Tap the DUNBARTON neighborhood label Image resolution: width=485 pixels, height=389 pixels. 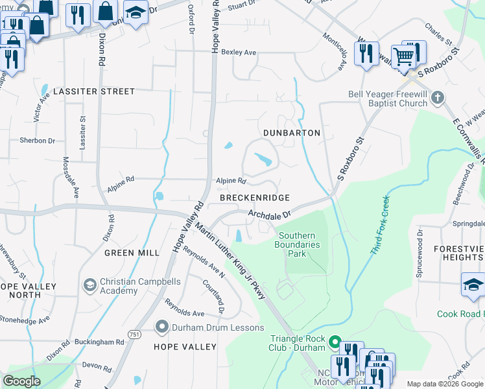292,133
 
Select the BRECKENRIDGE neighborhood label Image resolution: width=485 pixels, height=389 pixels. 254,197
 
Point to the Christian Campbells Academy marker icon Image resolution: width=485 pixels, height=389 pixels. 90,284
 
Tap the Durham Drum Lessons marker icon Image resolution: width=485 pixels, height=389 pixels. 163,327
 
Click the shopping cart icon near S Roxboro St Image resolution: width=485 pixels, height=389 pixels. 403,57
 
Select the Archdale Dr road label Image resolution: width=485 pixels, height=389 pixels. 270,213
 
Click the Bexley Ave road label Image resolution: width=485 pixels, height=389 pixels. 239,52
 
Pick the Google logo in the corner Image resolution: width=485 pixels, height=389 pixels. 22,381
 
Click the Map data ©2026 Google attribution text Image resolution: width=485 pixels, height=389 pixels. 445,384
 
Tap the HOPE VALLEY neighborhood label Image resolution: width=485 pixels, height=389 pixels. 185,347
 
